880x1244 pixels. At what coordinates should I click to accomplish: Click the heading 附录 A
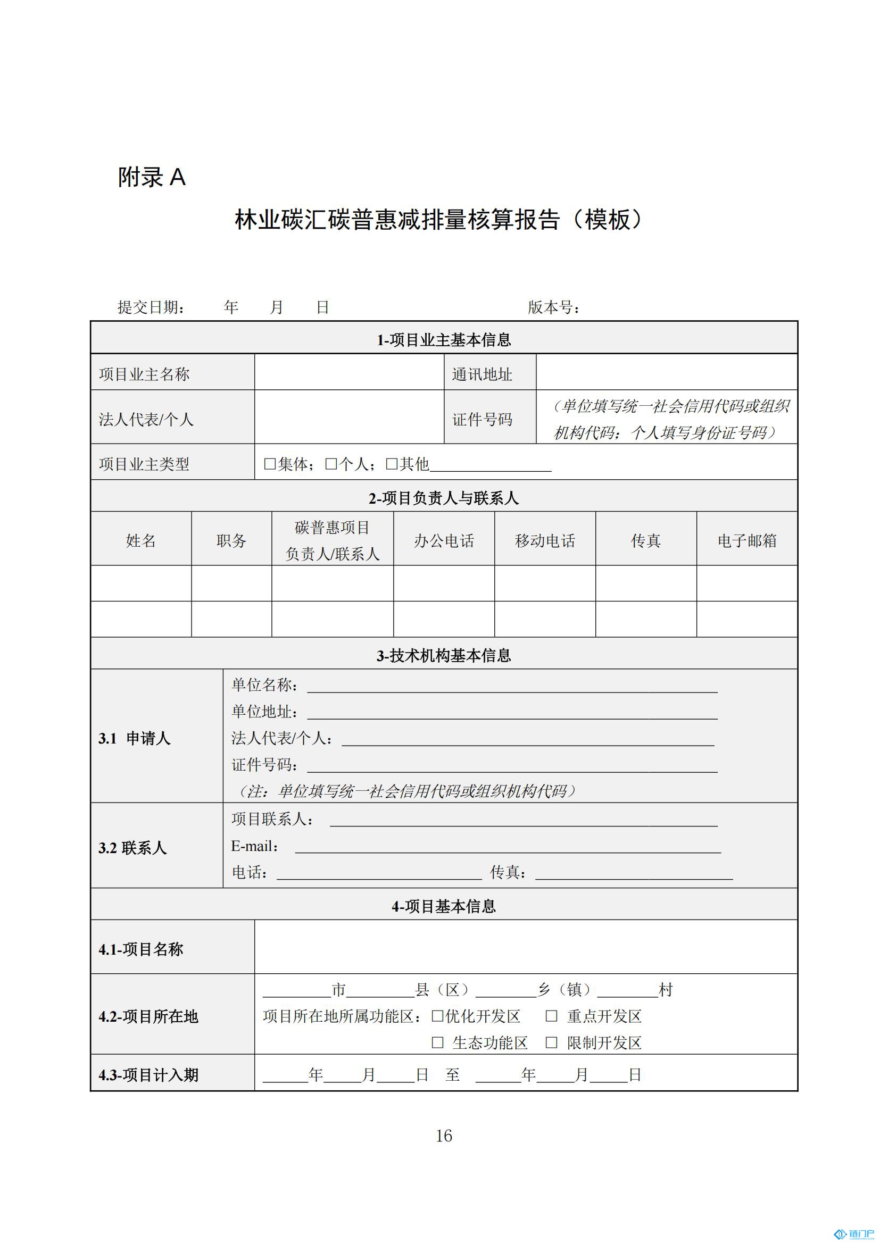[152, 177]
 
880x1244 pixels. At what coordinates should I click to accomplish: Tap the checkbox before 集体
[269, 464]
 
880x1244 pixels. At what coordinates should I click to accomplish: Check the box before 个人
[330, 464]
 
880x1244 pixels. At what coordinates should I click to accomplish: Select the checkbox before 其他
[391, 464]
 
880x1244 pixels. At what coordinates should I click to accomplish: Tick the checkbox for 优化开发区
[437, 1016]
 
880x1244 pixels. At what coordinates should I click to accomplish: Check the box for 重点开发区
[551, 1016]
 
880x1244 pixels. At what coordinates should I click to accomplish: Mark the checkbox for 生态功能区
[437, 1042]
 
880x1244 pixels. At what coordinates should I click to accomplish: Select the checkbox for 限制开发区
[551, 1042]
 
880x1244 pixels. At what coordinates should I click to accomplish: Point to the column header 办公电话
[444, 540]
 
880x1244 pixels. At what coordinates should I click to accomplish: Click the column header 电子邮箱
[746, 540]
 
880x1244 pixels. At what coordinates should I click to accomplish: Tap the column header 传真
[645, 540]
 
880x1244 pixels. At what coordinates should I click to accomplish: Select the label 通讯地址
[481, 374]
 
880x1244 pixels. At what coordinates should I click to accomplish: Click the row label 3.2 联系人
[133, 848]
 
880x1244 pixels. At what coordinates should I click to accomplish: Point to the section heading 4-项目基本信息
[444, 906]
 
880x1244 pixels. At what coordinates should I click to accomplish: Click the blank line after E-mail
[507, 847]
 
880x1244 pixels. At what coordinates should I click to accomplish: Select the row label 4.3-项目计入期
[148, 1075]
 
